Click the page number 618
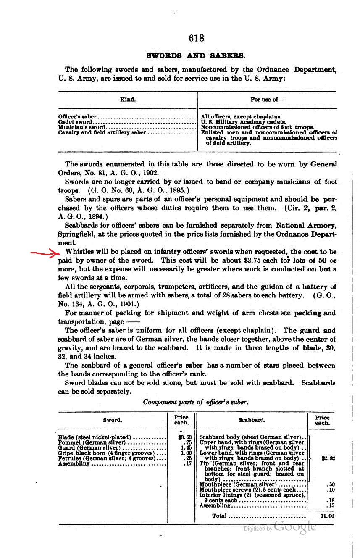(x=196, y=38)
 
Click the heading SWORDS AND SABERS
(x=196, y=55)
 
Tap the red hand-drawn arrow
(x=45, y=253)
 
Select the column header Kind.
(x=128, y=100)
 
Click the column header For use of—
(x=267, y=100)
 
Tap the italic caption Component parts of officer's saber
(x=196, y=402)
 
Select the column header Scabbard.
(x=252, y=420)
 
